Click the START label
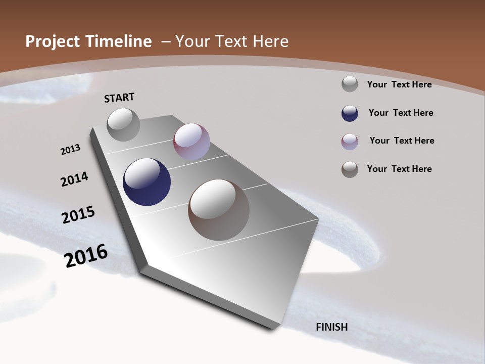point(119,98)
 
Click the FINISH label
point(332,327)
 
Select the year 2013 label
point(70,150)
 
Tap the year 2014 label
point(74,179)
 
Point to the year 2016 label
point(86,256)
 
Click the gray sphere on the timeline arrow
point(123,124)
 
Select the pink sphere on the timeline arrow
point(191,142)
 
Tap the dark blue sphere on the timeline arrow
point(147,182)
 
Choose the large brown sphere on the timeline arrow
point(219,210)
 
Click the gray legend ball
point(350,84)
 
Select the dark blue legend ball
point(350,113)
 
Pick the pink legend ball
point(350,142)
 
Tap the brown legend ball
point(350,169)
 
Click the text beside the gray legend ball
point(399,84)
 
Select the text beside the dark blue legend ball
point(401,113)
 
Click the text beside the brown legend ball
point(399,169)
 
